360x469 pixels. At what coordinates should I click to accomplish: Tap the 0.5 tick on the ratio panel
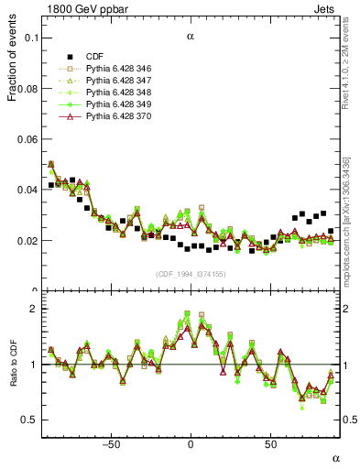click(x=29, y=420)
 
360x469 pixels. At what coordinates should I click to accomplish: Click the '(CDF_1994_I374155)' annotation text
click(x=190, y=274)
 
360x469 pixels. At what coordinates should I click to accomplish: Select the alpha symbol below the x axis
click(x=335, y=457)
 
